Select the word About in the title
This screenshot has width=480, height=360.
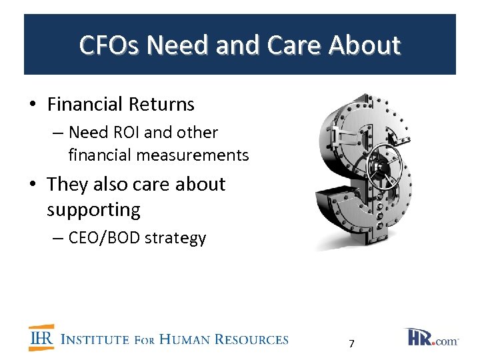click(367, 45)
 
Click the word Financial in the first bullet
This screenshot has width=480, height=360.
click(85, 105)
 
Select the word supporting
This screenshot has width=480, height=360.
click(93, 210)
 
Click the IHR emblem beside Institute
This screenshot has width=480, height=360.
click(41, 338)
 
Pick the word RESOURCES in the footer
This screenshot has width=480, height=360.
click(253, 339)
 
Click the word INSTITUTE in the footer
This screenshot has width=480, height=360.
click(95, 339)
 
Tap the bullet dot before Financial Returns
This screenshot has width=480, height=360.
click(32, 105)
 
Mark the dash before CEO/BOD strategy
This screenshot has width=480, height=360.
click(58, 239)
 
